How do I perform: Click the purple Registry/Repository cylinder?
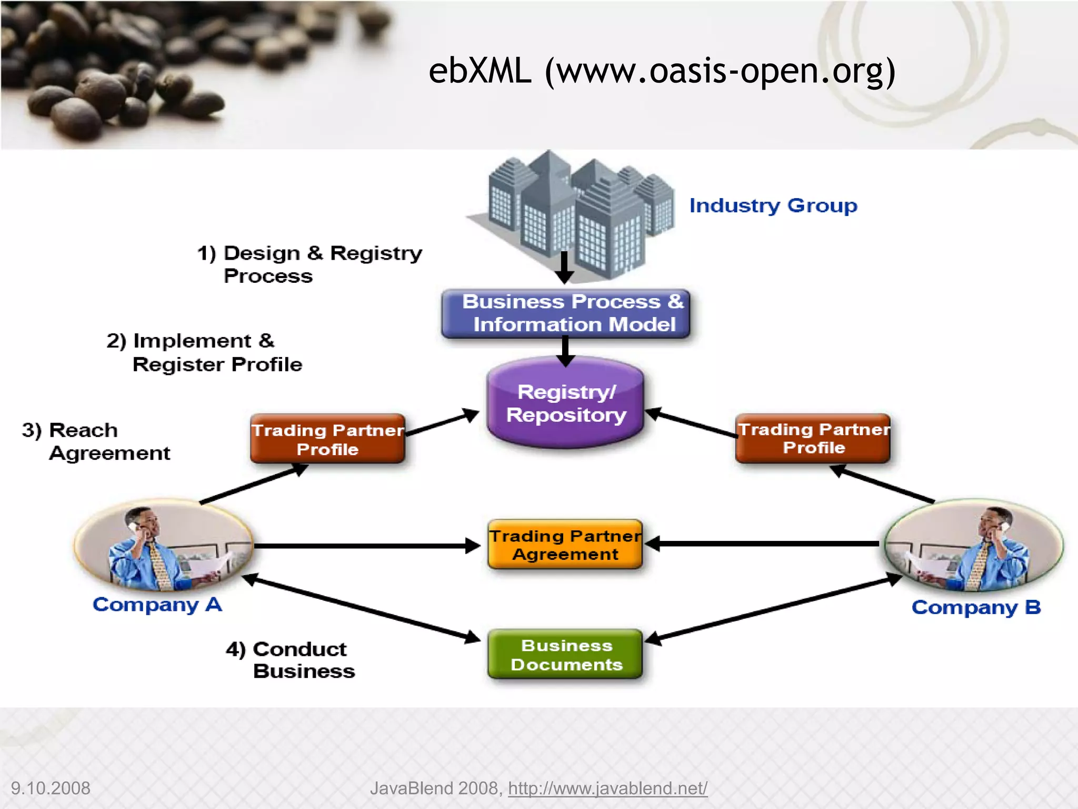tap(565, 403)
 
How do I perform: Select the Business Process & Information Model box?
tap(566, 313)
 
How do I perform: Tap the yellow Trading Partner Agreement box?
tap(565, 545)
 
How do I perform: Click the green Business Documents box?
tap(565, 654)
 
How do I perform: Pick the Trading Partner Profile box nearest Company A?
tap(327, 439)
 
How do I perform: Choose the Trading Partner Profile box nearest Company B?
tap(813, 438)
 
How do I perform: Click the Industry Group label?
tap(773, 205)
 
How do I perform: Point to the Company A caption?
tap(157, 605)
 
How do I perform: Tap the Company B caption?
tap(976, 607)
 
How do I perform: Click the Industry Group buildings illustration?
tap(574, 216)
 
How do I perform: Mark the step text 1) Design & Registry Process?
tap(310, 264)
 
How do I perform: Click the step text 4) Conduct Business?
tap(291, 660)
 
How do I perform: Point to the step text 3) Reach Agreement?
tap(96, 441)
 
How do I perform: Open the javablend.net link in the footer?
tap(607, 788)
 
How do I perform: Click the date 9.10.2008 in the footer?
tap(51, 788)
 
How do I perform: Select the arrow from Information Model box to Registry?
tap(565, 350)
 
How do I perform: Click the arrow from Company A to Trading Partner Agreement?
tap(363, 546)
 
